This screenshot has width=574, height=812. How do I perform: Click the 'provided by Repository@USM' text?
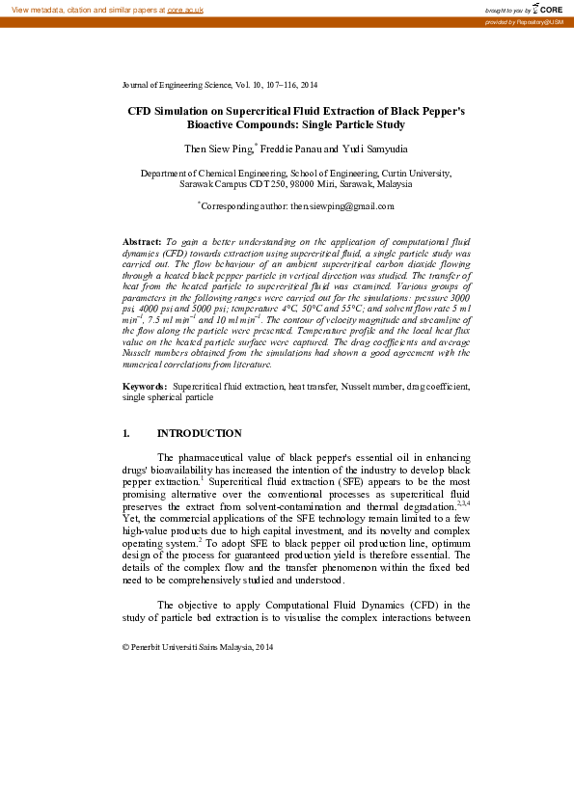point(525,21)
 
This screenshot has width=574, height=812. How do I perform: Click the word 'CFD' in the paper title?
point(141,111)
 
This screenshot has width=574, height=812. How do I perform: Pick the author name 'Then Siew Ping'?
point(218,149)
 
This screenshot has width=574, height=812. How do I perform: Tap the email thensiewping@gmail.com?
point(342,205)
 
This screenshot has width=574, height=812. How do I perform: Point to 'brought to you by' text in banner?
point(507,9)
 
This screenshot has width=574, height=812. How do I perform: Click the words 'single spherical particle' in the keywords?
point(168,423)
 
